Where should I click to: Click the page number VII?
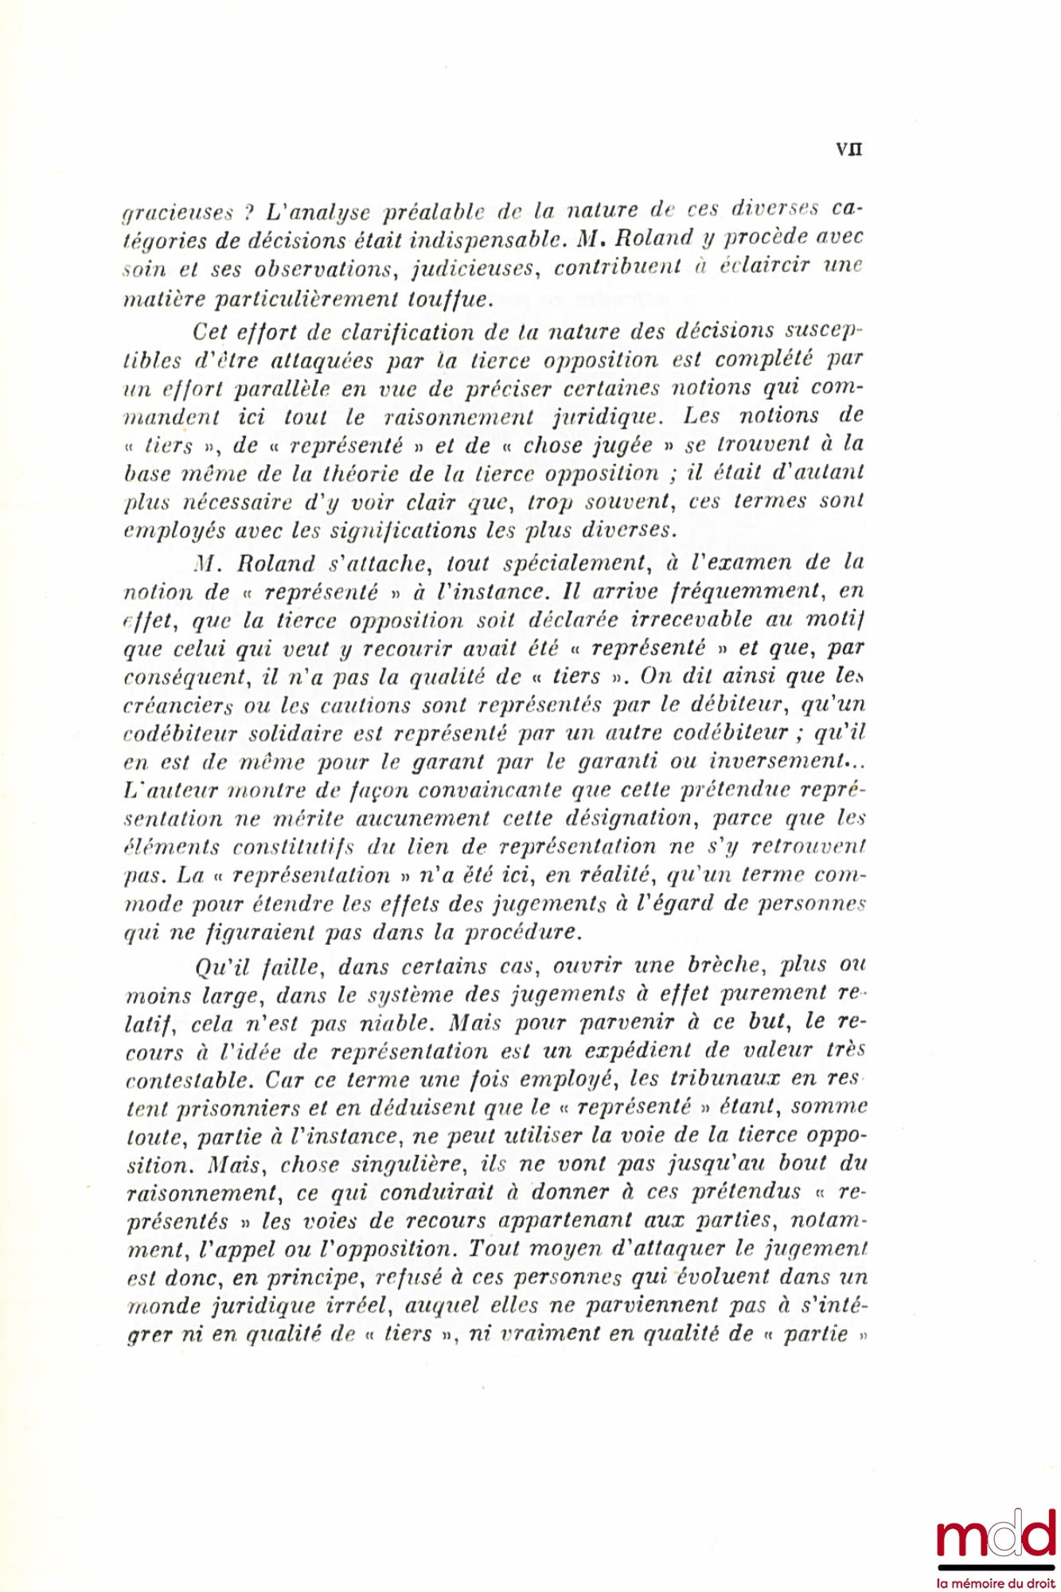pos(849,149)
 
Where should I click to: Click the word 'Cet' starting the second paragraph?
pos(212,331)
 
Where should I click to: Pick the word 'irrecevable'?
pos(703,619)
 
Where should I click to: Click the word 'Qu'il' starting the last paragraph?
pos(223,966)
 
